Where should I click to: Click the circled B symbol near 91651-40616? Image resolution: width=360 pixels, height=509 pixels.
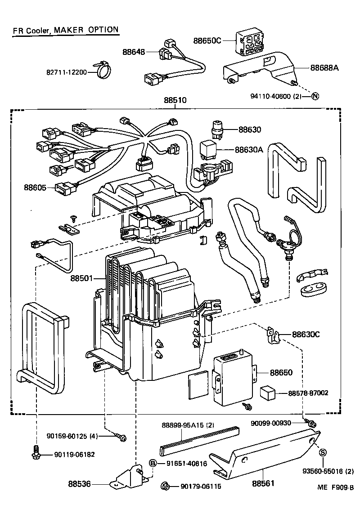coord(153,464)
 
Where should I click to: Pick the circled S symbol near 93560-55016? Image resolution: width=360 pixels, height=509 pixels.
coord(323,453)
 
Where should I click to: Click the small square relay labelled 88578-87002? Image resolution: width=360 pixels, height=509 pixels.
coord(268,393)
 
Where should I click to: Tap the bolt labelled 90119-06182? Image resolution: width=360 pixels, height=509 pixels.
coord(36,453)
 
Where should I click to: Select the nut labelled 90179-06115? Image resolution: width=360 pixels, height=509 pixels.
coord(165,486)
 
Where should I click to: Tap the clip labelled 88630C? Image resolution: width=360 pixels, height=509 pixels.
coord(273,335)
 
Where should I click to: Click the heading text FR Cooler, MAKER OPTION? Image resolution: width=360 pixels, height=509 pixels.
coord(66,30)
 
